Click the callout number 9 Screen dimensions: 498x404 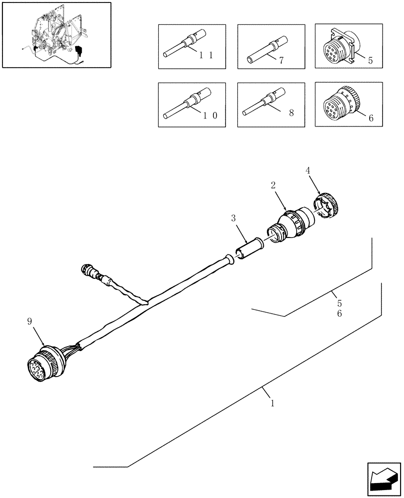point(29,322)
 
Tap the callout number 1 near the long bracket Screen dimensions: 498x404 point(272,403)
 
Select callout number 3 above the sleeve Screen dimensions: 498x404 point(233,218)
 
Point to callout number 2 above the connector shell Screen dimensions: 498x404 point(273,185)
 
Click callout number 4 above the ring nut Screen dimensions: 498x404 point(308,170)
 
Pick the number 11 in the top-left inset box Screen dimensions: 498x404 point(205,56)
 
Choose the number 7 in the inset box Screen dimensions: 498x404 point(281,60)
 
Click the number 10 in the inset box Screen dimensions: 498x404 point(205,115)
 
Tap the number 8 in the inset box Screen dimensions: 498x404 point(291,113)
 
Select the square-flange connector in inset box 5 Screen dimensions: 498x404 point(339,46)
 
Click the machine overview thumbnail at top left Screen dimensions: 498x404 point(56,35)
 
